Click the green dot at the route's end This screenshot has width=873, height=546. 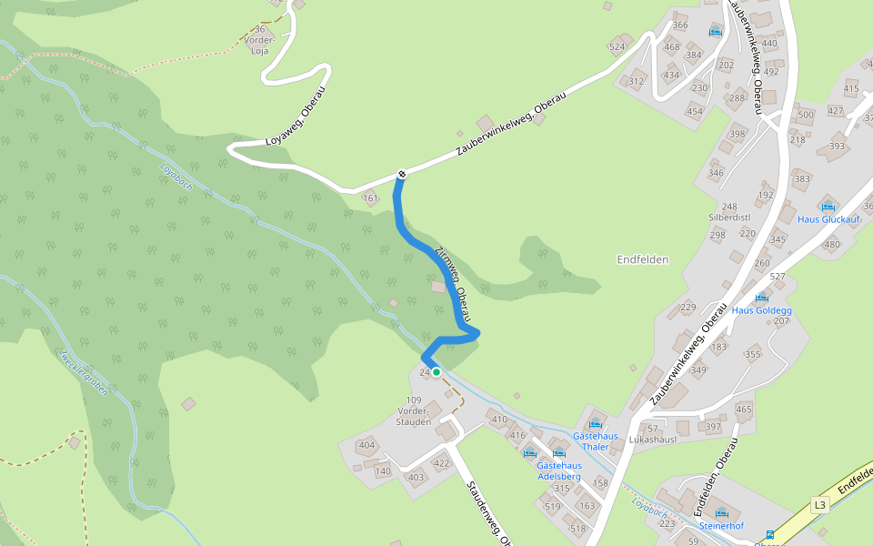(x=436, y=371)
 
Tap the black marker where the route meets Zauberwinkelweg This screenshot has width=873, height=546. (x=401, y=174)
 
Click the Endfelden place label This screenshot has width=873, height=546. (x=643, y=259)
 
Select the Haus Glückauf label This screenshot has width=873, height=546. (x=828, y=219)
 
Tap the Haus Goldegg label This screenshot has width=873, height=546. (x=762, y=310)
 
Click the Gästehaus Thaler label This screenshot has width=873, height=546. (x=596, y=441)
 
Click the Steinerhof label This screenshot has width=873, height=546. (x=721, y=525)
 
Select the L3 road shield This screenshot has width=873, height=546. (x=820, y=505)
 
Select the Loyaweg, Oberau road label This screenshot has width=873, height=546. (x=295, y=117)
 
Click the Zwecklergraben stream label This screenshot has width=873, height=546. (x=82, y=372)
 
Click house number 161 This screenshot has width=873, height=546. (x=369, y=197)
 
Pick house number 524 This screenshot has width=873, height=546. (x=617, y=46)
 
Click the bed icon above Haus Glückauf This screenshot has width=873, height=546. (x=828, y=207)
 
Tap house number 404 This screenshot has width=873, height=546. (x=366, y=445)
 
